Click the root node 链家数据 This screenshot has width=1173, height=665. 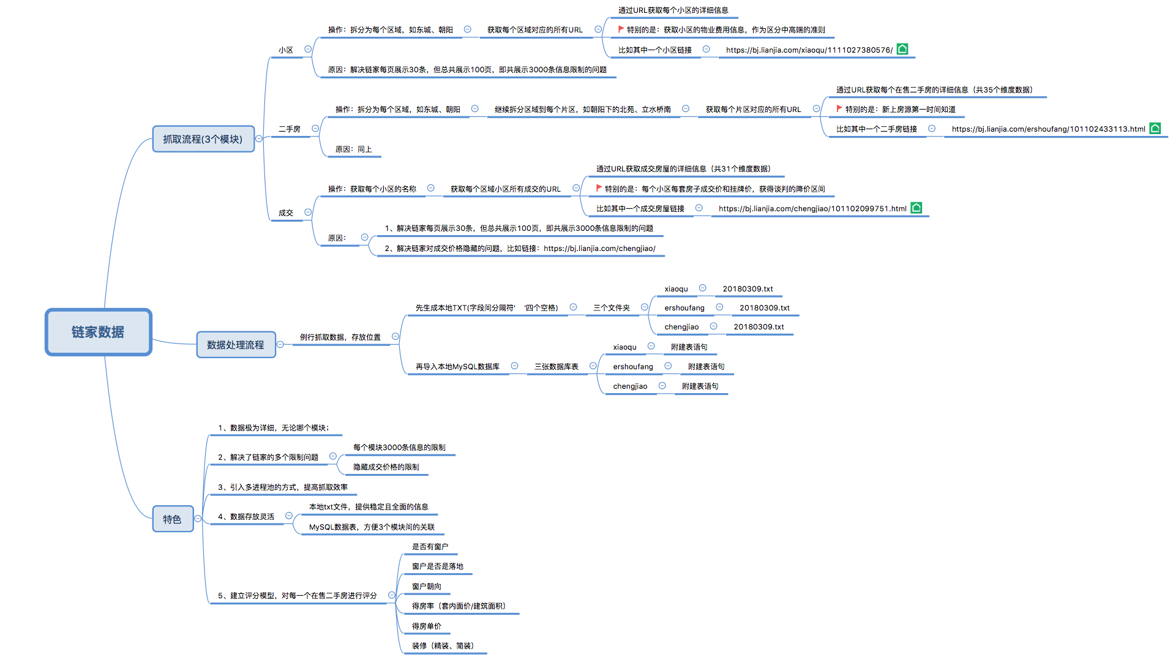98,332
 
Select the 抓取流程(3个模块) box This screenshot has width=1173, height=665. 203,139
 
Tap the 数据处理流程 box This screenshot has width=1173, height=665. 236,345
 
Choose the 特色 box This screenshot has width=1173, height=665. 172,519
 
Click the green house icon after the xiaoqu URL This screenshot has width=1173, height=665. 902,49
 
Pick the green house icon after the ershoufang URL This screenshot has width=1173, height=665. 1155,128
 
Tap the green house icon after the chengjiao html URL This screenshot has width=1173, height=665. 916,208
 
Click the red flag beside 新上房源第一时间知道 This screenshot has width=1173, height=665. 839,109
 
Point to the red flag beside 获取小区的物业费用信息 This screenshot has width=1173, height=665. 621,29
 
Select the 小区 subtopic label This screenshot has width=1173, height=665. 286,50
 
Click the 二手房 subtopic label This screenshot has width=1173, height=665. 290,129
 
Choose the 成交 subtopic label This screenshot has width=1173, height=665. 286,213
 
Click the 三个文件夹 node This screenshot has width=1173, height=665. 611,308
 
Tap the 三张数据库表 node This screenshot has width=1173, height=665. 556,367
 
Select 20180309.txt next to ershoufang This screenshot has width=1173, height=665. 764,308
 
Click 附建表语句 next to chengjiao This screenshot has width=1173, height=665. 700,386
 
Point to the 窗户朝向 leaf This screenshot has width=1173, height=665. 426,587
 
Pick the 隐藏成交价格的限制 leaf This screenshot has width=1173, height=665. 386,467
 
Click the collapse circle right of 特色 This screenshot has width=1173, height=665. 198,519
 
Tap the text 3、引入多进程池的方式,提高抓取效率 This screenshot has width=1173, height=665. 283,487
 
